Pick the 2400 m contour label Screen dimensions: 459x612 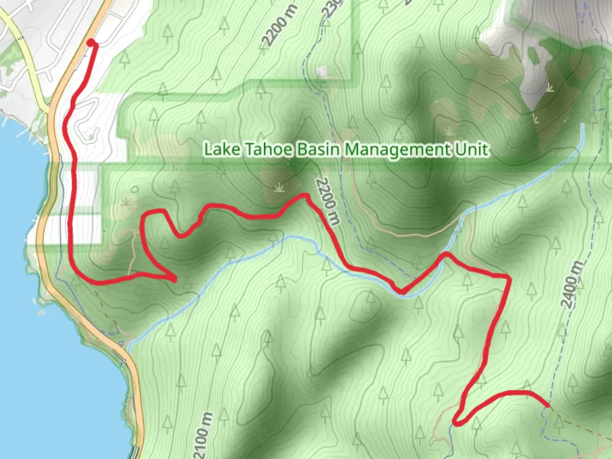tap(572, 284)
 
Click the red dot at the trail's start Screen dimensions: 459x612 tap(91, 42)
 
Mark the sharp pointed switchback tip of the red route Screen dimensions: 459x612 tap(175, 279)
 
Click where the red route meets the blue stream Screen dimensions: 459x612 tap(401, 292)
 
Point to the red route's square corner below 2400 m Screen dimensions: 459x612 tap(508, 278)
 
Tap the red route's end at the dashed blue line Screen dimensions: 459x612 tap(548, 405)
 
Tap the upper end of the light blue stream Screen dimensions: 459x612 tap(583, 125)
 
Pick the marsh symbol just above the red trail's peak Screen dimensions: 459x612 tap(279, 187)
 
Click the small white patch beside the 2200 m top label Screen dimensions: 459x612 tap(322, 71)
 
